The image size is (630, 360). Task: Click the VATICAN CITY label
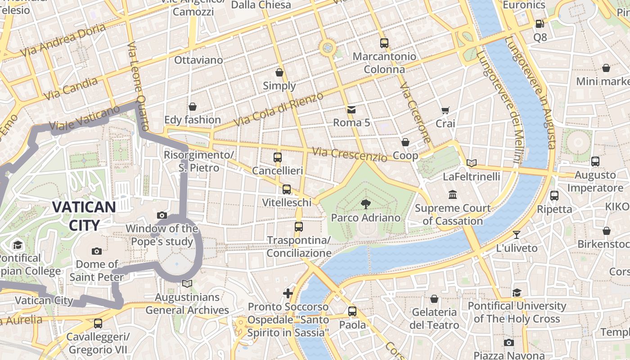(84, 216)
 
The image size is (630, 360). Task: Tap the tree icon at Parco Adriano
(366, 204)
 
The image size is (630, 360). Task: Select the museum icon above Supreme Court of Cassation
(453, 195)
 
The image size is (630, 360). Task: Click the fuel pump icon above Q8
(540, 23)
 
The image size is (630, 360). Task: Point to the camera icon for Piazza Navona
(509, 342)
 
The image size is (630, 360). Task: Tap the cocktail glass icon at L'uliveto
(517, 234)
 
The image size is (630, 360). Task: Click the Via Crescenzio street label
(350, 154)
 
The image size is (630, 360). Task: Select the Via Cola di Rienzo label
(279, 109)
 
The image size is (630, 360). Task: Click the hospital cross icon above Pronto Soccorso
(288, 293)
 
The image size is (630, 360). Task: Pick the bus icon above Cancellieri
(278, 157)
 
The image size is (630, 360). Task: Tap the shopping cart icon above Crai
(445, 110)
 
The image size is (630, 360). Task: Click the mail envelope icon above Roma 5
(351, 109)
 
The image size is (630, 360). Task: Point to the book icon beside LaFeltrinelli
(471, 163)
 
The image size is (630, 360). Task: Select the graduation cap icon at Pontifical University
(517, 292)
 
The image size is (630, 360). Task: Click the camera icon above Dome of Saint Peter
(96, 251)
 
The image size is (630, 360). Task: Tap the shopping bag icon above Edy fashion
(193, 107)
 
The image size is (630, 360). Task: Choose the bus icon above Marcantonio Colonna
(384, 43)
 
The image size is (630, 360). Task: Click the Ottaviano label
(198, 60)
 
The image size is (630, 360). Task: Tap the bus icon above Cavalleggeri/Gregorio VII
(98, 323)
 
